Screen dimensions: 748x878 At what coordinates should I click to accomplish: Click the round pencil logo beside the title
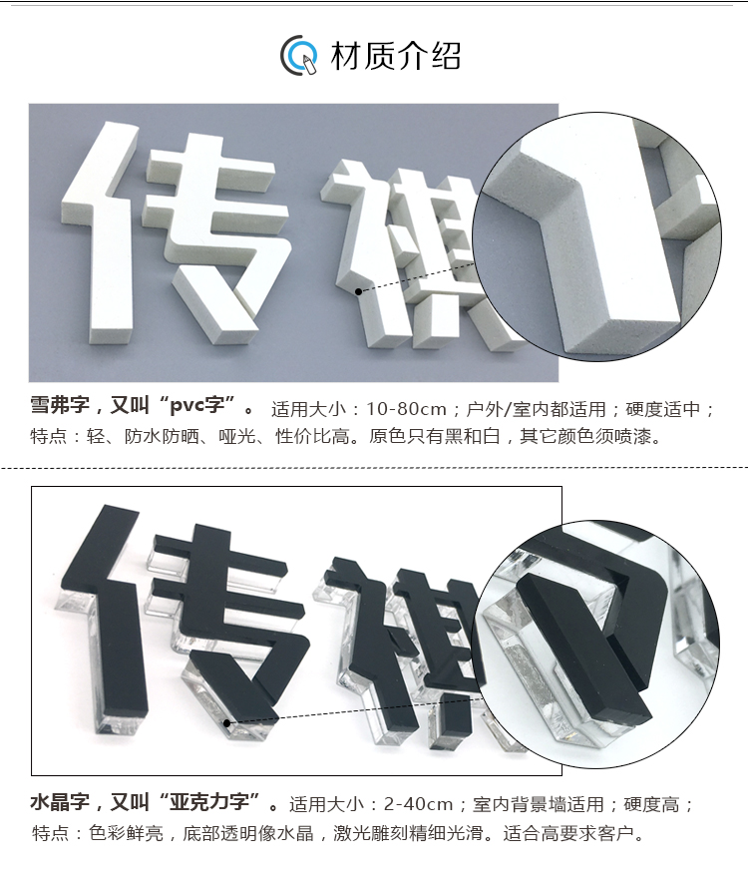click(x=298, y=56)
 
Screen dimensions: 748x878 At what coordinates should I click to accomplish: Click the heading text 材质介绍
click(x=396, y=56)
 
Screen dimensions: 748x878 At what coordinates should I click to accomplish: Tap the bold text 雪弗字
click(x=60, y=405)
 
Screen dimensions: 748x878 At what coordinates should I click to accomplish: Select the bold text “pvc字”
click(x=198, y=405)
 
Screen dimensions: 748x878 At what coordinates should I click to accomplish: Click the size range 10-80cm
click(x=407, y=409)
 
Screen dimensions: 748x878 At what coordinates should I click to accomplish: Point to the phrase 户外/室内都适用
click(x=537, y=409)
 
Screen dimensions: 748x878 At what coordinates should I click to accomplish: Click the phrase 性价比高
click(x=312, y=436)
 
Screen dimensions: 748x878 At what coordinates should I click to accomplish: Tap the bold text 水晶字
click(x=60, y=802)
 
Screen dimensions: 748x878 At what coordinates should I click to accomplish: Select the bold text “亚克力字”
click(x=209, y=802)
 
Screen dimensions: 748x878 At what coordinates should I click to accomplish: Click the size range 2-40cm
click(x=418, y=805)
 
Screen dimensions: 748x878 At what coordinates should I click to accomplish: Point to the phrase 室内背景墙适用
click(x=538, y=805)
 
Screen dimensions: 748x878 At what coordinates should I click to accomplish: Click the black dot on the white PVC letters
click(x=358, y=291)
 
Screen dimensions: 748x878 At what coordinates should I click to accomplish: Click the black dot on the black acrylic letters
click(x=226, y=723)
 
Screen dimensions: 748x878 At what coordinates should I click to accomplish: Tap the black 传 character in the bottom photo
click(x=185, y=622)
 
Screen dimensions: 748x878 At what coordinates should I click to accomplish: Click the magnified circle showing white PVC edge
click(x=596, y=236)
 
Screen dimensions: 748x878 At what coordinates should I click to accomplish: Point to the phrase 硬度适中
click(x=663, y=409)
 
